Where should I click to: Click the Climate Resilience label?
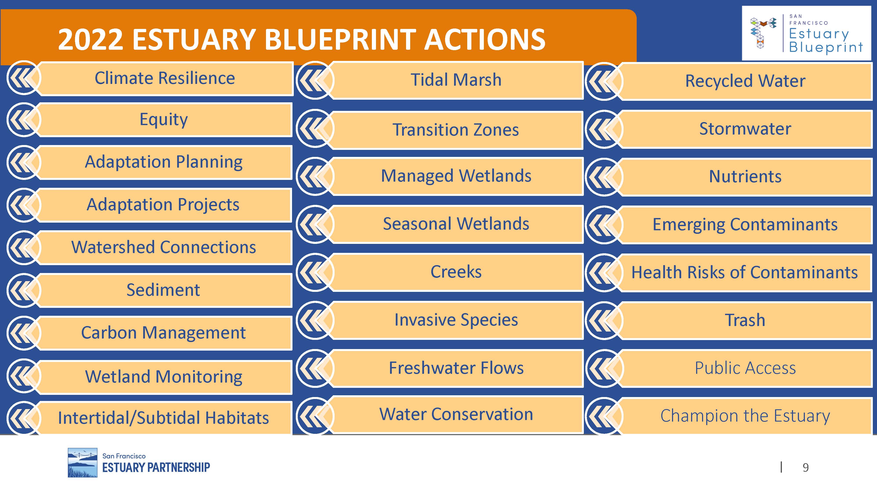pos(165,78)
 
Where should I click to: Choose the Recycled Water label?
pos(745,81)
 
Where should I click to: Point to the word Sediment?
pos(163,290)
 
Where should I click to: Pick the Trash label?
pos(745,320)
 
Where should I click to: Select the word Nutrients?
pos(745,177)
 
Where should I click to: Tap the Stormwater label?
pos(745,129)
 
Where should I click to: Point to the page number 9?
pos(806,468)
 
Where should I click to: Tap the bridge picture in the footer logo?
pos(82,462)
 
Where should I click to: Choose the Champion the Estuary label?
pos(745,416)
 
